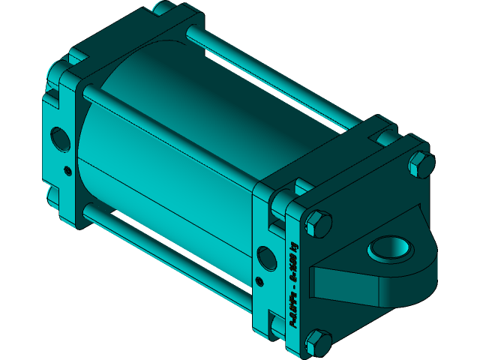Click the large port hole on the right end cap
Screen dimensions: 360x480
(266, 257)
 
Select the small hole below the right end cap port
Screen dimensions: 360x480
(260, 282)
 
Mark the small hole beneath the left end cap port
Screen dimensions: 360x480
(68, 169)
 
